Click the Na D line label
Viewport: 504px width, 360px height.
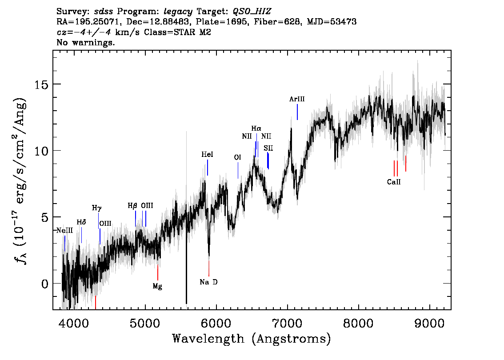pos(208,282)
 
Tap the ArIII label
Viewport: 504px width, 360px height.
pos(297,99)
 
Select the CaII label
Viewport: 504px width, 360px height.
pos(394,182)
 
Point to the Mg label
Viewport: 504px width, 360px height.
pos(157,286)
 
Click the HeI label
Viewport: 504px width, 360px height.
pos(207,155)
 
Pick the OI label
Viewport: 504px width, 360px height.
pos(237,157)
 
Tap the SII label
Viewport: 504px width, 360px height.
pos(268,148)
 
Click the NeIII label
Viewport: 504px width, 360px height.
pos(65,231)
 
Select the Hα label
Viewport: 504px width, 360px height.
pos(256,128)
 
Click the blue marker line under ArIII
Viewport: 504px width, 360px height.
pos(297,112)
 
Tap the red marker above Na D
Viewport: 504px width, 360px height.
pos(209,268)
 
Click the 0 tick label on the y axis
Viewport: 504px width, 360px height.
pos(45,284)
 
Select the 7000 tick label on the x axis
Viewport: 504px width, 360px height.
pos(288,324)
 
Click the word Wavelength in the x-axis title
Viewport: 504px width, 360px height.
pos(208,339)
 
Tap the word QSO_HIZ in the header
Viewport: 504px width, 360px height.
pos(252,12)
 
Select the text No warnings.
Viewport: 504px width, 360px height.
pos(85,42)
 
